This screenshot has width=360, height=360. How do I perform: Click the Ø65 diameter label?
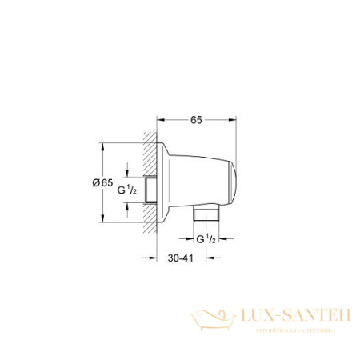pos(102,183)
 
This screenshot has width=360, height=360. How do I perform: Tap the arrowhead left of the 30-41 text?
pos(150,258)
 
